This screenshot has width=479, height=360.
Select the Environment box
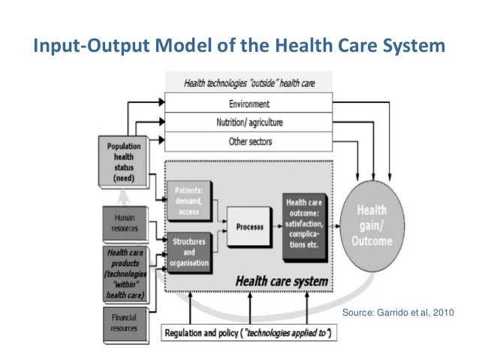[x=249, y=103]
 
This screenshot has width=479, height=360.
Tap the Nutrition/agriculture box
[x=249, y=122]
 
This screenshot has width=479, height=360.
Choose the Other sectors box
[x=249, y=141]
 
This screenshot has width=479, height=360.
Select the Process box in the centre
[x=251, y=225]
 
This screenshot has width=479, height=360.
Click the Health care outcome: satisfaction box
[x=307, y=223]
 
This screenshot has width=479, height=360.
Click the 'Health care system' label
[x=282, y=282]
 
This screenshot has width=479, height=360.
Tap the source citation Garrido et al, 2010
[x=398, y=311]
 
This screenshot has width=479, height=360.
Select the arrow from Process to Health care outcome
[x=278, y=225]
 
